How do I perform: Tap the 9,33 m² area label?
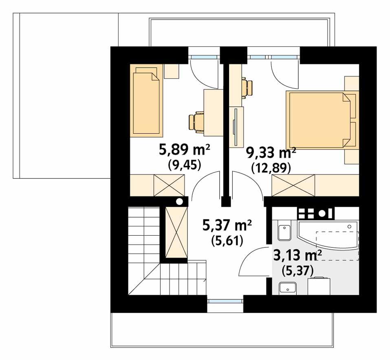click(271, 153)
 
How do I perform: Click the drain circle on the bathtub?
click(350, 226)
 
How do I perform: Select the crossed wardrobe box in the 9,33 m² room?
click(294, 185)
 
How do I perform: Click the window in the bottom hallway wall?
click(225, 302)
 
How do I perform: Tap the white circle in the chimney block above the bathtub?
click(322, 212)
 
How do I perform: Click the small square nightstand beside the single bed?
click(172, 71)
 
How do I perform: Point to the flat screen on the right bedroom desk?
click(235, 126)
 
